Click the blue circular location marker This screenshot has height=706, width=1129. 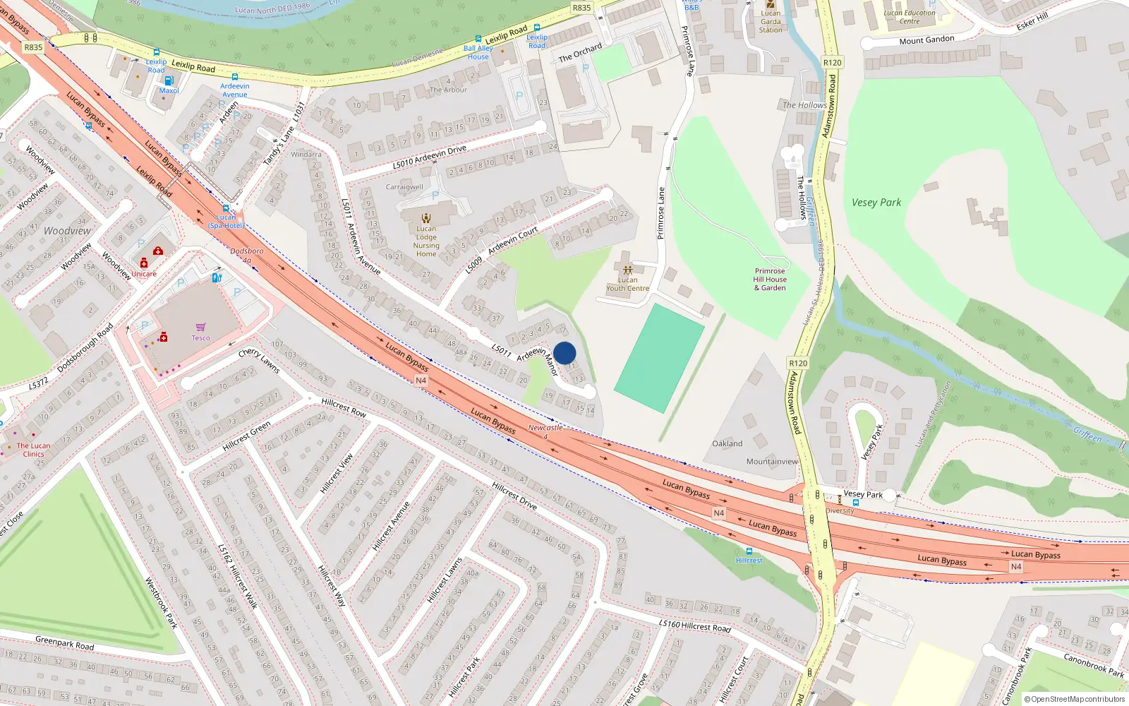tap(564, 353)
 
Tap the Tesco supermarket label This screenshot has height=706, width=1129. tap(201, 337)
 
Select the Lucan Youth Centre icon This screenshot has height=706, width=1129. tap(627, 270)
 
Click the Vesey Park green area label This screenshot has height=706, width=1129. tap(876, 203)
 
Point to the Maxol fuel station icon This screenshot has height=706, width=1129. tap(169, 80)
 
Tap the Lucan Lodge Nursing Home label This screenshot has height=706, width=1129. tap(426, 241)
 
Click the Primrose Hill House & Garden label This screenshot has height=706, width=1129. tap(770, 280)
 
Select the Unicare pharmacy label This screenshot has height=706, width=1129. tap(144, 274)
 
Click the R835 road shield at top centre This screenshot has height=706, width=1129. tap(581, 8)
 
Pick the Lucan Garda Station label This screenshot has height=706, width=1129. tap(771, 22)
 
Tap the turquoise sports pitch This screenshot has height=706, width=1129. tap(659, 358)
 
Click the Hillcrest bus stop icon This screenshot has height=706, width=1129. tap(749, 551)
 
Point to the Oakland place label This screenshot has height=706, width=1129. tap(727, 443)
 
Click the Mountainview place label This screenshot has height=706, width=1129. tap(772, 462)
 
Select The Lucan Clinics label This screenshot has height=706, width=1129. tap(33, 450)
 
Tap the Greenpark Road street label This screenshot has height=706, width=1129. tap(64, 642)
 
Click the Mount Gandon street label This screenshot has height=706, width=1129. tap(926, 40)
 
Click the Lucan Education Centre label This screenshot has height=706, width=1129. tap(910, 17)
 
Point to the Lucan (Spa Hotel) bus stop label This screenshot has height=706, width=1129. tap(226, 222)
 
